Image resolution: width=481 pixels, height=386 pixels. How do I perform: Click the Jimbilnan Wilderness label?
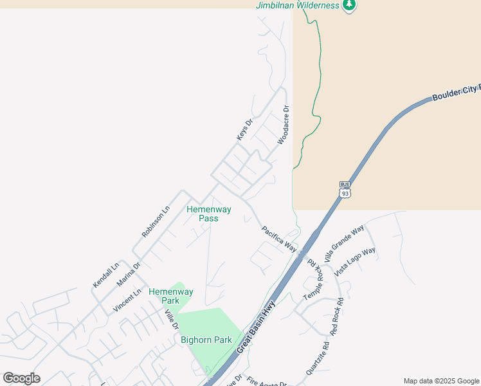297,5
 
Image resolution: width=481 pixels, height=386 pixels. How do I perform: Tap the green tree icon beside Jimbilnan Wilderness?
349,5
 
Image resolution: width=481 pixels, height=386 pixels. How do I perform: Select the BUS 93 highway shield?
345,190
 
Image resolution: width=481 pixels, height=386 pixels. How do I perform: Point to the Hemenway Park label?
170,296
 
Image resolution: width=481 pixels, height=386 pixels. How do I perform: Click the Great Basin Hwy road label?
255,328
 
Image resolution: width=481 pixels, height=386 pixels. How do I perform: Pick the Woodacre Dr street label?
284,125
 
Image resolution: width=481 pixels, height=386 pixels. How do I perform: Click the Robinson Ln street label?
155,221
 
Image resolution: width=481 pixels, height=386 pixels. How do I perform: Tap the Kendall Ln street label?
106,275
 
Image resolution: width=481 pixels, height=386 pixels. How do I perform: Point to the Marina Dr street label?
129,274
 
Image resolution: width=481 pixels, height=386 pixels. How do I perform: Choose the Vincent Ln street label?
127,301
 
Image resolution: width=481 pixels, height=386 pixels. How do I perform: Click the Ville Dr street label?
171,320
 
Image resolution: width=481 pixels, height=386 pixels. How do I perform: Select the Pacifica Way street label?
280,239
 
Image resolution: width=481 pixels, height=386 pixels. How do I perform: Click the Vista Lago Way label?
355,261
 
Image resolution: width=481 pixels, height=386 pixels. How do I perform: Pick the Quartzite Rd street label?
318,358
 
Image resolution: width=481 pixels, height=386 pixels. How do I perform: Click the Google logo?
22,378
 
